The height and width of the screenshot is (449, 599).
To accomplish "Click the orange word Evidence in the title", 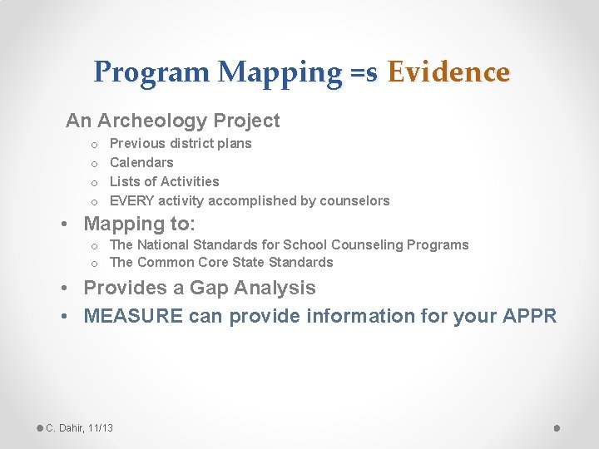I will [448, 72].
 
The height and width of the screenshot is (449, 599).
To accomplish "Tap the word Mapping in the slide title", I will [279, 72].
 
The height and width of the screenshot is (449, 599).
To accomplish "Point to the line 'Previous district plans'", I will [181, 143].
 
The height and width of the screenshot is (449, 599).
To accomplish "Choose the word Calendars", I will [141, 162].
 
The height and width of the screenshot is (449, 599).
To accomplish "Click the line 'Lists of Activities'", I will [165, 181].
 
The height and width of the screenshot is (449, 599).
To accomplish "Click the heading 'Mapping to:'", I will [140, 224].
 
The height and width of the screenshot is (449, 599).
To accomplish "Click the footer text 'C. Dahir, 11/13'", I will [80, 427].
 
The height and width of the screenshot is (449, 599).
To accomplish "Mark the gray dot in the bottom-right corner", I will [557, 427].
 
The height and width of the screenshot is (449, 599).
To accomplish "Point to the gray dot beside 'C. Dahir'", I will [40, 427].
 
